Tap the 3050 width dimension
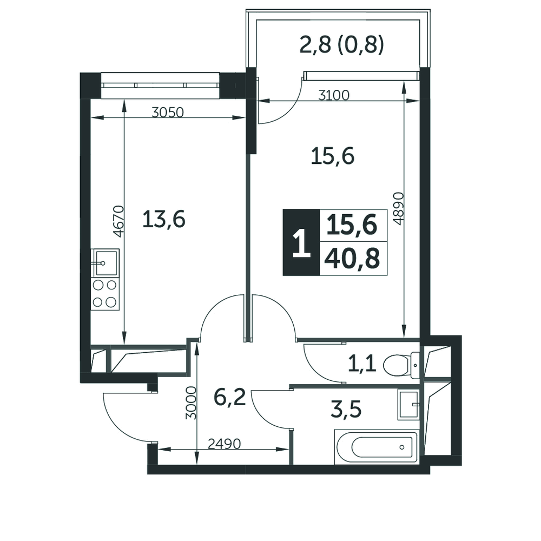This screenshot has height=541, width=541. tap(168, 112)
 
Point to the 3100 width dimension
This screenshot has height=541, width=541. tap(334, 95)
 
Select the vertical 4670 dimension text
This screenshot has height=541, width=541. tap(118, 221)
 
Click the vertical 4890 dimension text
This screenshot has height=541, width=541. tap(398, 208)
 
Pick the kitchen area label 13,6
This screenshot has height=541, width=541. tap(164, 220)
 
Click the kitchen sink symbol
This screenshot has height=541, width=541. tap(105, 262)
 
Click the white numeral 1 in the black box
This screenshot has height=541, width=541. tap(301, 243)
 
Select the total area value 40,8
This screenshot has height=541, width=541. tap(352, 259)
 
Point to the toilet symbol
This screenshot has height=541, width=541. tap(401, 365)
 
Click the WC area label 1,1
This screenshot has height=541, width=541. tap(362, 364)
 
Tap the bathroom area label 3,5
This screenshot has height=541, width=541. tap(346, 410)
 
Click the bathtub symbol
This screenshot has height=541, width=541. tap(377, 447)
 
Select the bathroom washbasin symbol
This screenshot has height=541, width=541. tap(408, 405)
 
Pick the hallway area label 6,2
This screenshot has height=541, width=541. tap(229, 398)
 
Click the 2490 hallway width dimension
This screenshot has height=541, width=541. tap(224, 444)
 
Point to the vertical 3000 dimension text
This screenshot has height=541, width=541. tap(191, 403)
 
